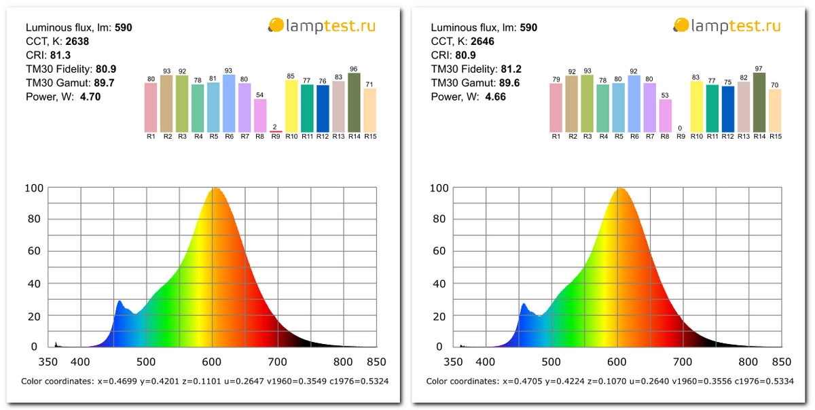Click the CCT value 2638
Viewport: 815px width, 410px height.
tap(77, 41)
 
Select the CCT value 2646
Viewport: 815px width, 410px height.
tap(482, 41)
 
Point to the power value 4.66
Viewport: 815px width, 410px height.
tap(495, 97)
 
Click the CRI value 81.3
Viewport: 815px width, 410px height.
tap(60, 55)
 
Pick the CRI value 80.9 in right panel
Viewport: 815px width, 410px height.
tap(465, 55)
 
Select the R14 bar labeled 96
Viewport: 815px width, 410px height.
tap(354, 103)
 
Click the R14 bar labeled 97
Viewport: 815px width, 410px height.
tap(759, 103)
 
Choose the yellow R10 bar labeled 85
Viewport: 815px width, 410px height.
tap(291, 106)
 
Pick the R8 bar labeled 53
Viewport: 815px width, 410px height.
tap(665, 116)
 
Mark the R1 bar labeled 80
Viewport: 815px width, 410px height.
tap(151, 107)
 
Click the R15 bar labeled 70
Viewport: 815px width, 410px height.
tap(775, 111)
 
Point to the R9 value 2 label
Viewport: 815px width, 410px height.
tap(275, 127)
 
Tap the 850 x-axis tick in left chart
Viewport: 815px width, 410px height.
tap(376, 362)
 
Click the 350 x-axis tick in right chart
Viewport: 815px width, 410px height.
tap(454, 362)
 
